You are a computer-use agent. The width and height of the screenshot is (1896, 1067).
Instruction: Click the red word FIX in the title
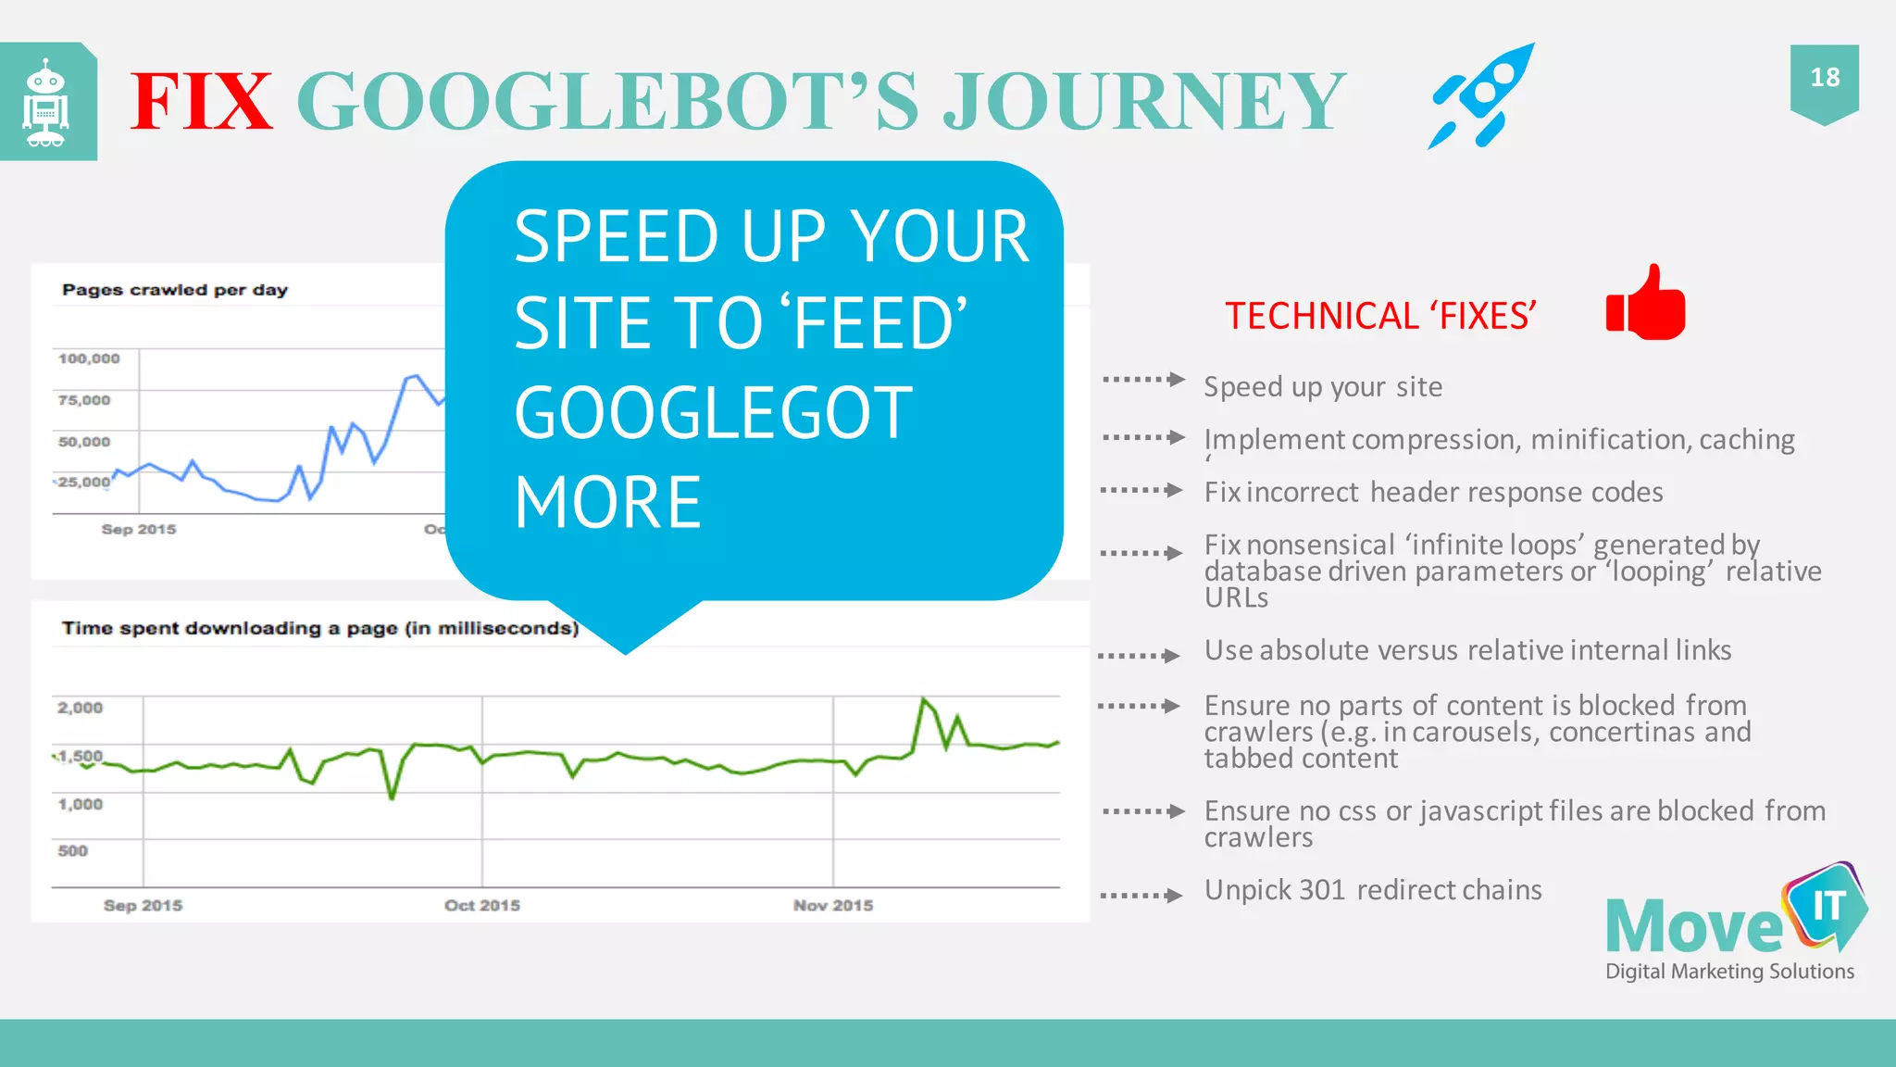201,102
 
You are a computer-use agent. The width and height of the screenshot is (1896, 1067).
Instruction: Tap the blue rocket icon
1481,94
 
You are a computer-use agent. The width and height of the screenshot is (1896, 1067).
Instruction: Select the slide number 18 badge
1824,79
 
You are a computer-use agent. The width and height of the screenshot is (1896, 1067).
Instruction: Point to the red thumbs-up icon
1647,304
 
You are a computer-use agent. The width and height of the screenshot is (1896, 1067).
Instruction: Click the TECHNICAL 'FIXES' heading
1380,317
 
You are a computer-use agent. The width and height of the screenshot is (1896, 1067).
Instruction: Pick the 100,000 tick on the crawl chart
89,358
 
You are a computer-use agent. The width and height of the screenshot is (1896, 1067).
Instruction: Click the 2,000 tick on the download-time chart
81,708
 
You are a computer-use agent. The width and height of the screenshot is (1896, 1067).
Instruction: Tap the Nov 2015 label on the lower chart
833,905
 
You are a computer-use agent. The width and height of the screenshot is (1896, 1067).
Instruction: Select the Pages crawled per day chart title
175,290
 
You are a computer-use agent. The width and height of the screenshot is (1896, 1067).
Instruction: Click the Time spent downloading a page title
320,628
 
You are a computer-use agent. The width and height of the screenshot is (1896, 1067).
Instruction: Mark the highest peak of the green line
923,699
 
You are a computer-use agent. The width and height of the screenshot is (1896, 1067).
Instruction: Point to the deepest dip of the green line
393,797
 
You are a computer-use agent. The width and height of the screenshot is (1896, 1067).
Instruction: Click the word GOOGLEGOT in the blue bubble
714,413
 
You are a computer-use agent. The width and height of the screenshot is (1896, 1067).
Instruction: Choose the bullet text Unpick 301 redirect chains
1373,890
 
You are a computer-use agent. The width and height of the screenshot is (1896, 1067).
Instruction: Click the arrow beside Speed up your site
1144,380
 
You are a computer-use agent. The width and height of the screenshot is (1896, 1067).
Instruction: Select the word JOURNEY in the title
1144,102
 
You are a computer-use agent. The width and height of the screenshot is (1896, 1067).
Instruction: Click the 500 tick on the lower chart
73,850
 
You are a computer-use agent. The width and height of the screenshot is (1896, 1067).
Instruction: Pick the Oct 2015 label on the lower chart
482,905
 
